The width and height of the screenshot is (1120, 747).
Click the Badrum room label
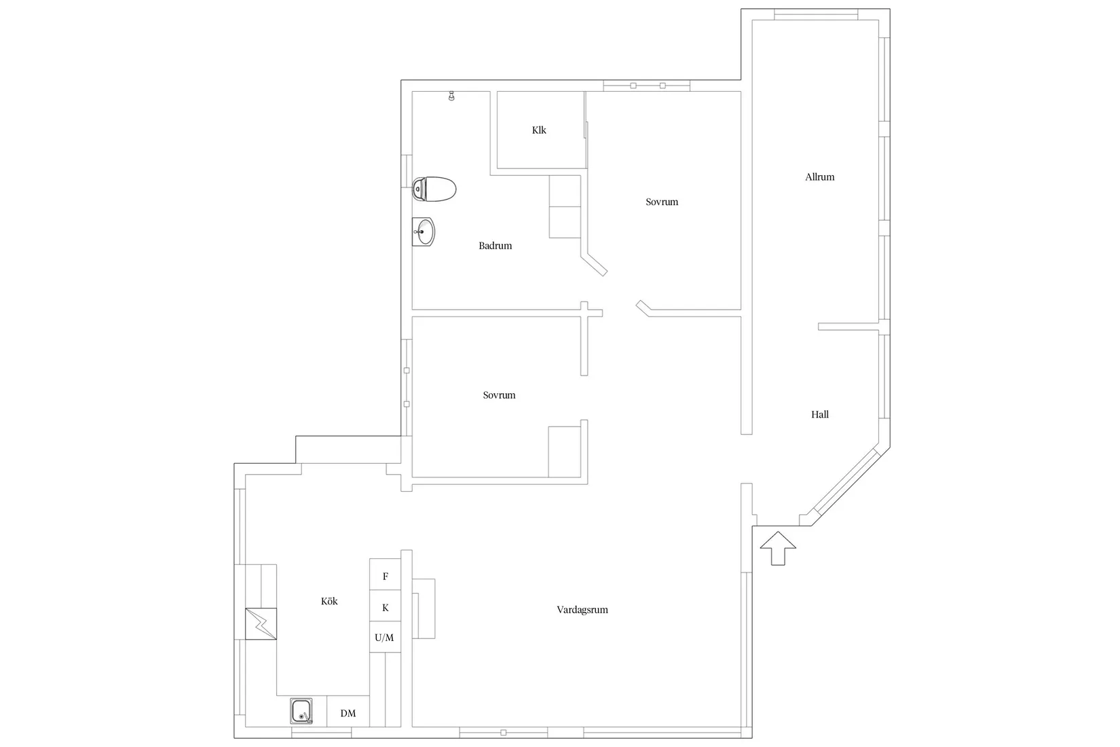tap(495, 246)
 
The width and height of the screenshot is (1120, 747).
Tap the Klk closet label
tap(539, 130)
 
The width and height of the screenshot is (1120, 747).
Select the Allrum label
tap(819, 177)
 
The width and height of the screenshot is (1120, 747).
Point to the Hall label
tap(819, 414)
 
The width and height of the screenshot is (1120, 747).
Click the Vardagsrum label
tap(582, 610)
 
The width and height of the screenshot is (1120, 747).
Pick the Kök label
tap(329, 601)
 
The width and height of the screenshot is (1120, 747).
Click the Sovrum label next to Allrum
tap(662, 202)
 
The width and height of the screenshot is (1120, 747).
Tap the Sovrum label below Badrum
tap(499, 395)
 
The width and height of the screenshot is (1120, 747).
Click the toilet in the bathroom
tap(434, 189)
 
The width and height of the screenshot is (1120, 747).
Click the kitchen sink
tap(301, 711)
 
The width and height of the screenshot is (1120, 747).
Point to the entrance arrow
tap(778, 547)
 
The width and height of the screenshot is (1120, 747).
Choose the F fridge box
tap(386, 577)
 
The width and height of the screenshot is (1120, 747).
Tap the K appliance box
tap(386, 608)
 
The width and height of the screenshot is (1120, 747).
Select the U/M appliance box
tap(384, 638)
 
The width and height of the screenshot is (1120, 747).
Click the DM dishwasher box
tap(348, 713)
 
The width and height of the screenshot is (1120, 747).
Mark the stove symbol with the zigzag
tap(261, 623)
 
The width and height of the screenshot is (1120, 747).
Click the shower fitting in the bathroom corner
tap(451, 97)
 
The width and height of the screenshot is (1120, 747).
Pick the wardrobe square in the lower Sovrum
tap(565, 452)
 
